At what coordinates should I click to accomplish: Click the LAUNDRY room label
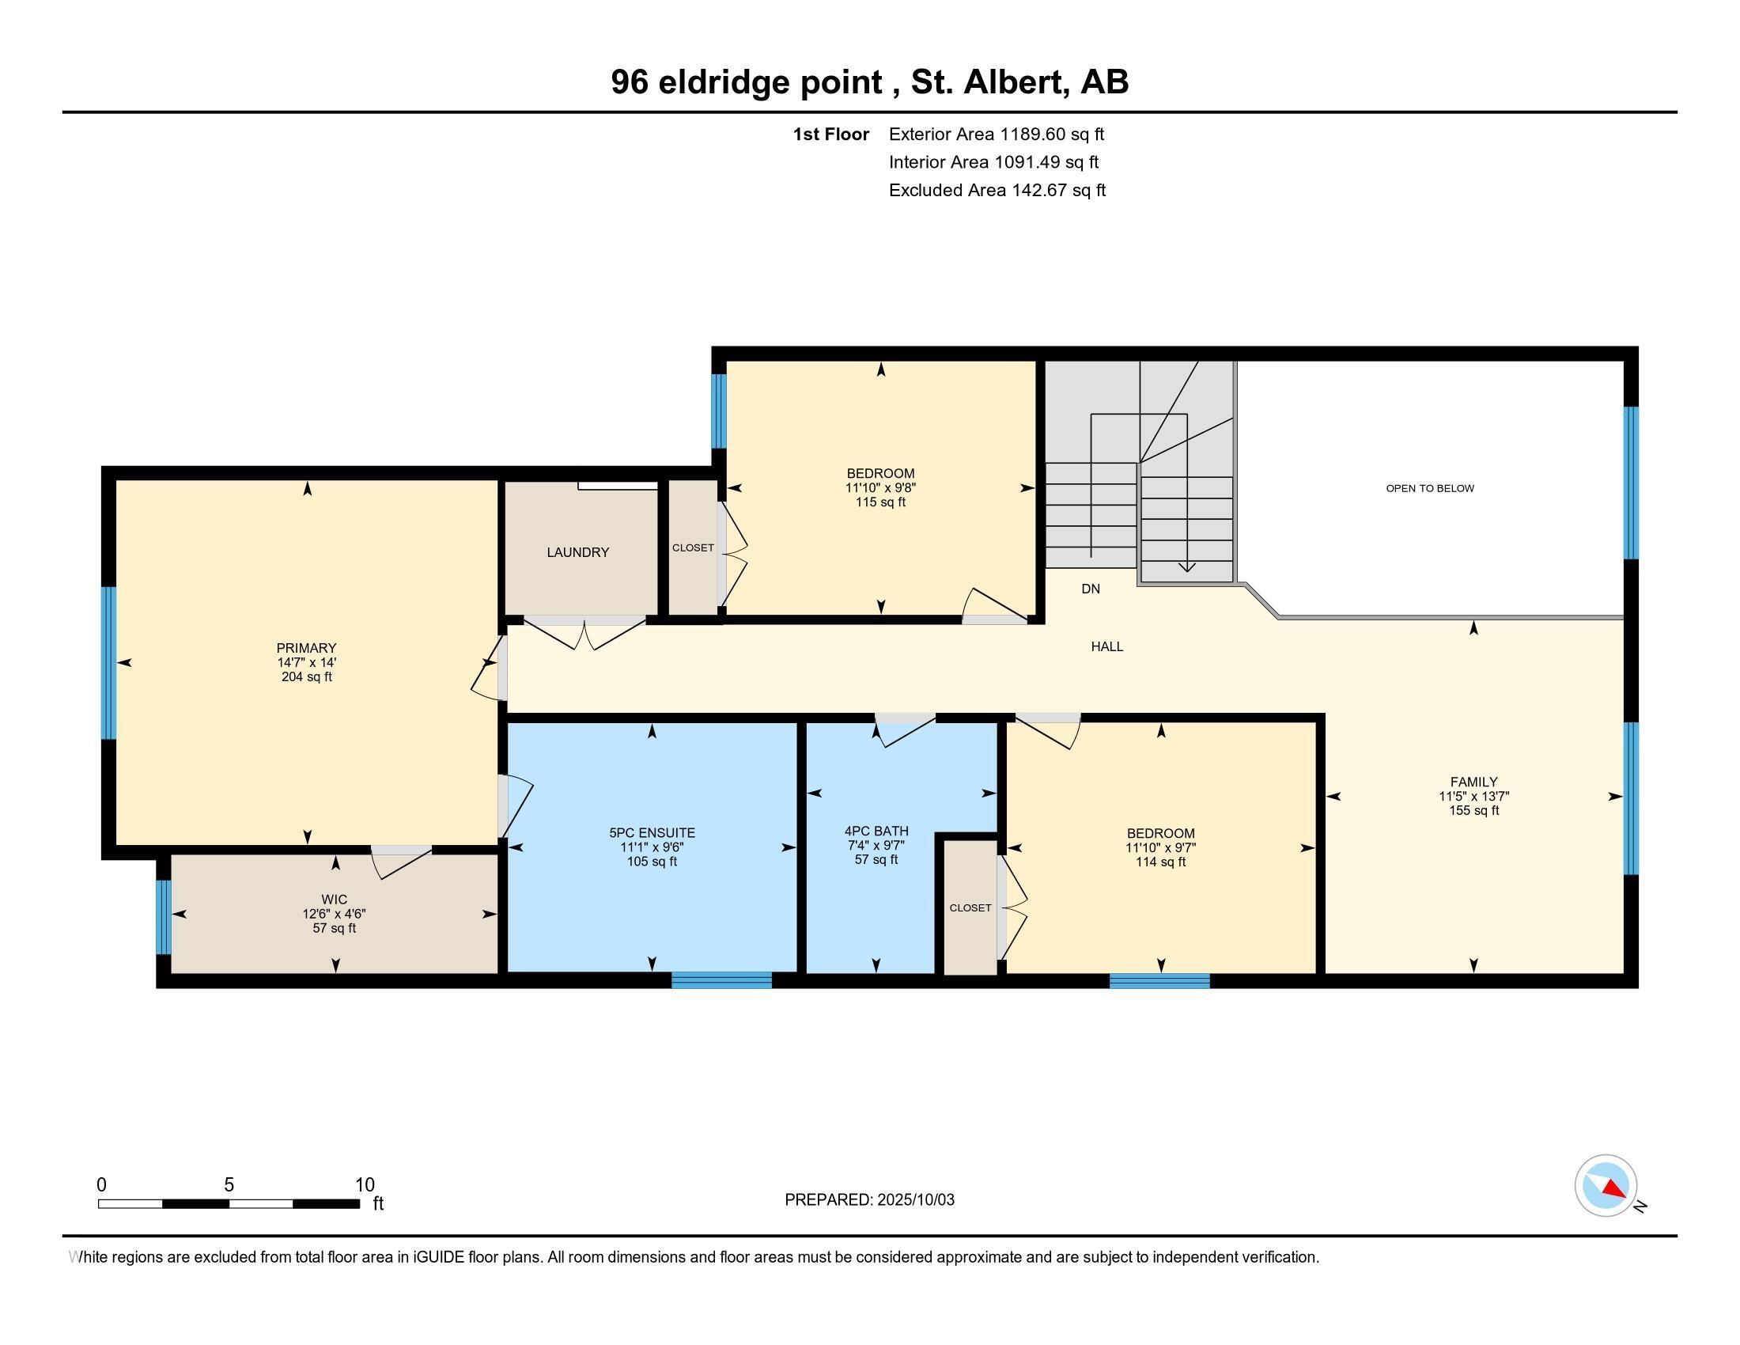577,552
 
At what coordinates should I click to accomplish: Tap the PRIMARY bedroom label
307,648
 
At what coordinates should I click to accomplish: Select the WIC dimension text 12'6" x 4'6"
334,914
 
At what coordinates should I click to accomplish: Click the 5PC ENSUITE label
652,832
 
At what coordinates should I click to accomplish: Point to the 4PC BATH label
876,831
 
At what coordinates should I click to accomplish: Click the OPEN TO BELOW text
1429,488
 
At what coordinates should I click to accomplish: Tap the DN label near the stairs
1091,589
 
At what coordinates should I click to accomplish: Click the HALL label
1106,646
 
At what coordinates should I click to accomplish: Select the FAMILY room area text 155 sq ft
1473,810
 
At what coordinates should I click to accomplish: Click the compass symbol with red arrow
1606,1185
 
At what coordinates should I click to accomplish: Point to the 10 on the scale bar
364,1184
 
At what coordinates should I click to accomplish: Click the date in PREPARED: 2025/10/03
915,1200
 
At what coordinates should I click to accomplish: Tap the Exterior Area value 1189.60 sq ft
1052,134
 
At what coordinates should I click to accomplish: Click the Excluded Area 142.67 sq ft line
997,190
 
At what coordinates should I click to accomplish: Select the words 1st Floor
830,134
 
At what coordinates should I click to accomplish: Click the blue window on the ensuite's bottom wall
721,980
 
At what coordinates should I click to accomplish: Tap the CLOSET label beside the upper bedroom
692,547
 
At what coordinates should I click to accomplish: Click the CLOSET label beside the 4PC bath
970,907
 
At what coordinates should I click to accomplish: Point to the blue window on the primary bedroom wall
108,662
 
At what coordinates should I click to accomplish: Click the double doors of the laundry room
584,634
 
